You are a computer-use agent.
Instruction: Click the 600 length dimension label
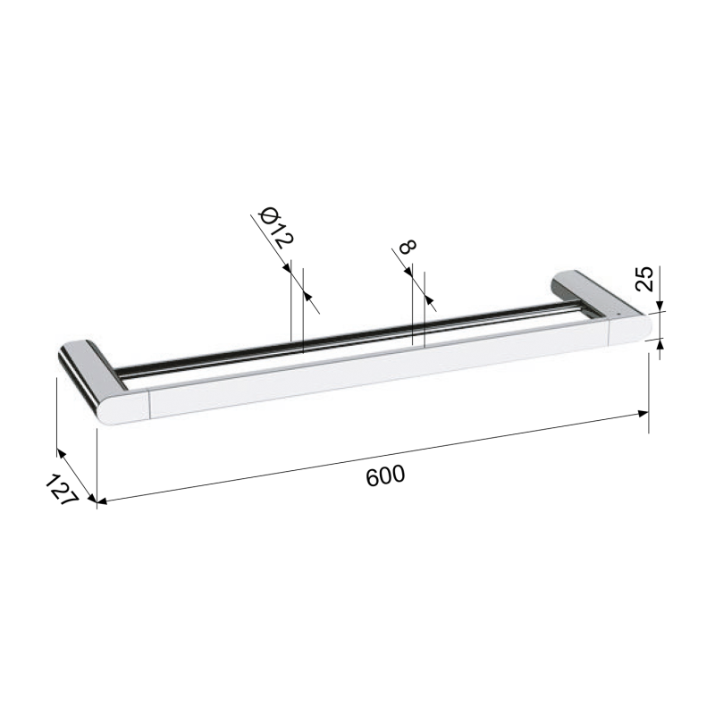pyautogui.click(x=385, y=475)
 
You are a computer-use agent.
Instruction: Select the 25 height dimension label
pyautogui.click(x=644, y=279)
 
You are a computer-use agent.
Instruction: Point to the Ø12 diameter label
pyautogui.click(x=276, y=228)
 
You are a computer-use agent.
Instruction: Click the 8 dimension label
pyautogui.click(x=408, y=247)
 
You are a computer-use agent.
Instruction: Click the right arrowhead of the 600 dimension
pyautogui.click(x=643, y=414)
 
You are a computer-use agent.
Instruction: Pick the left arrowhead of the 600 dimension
pyautogui.click(x=102, y=501)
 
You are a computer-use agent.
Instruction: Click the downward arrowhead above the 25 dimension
pyautogui.click(x=660, y=306)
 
